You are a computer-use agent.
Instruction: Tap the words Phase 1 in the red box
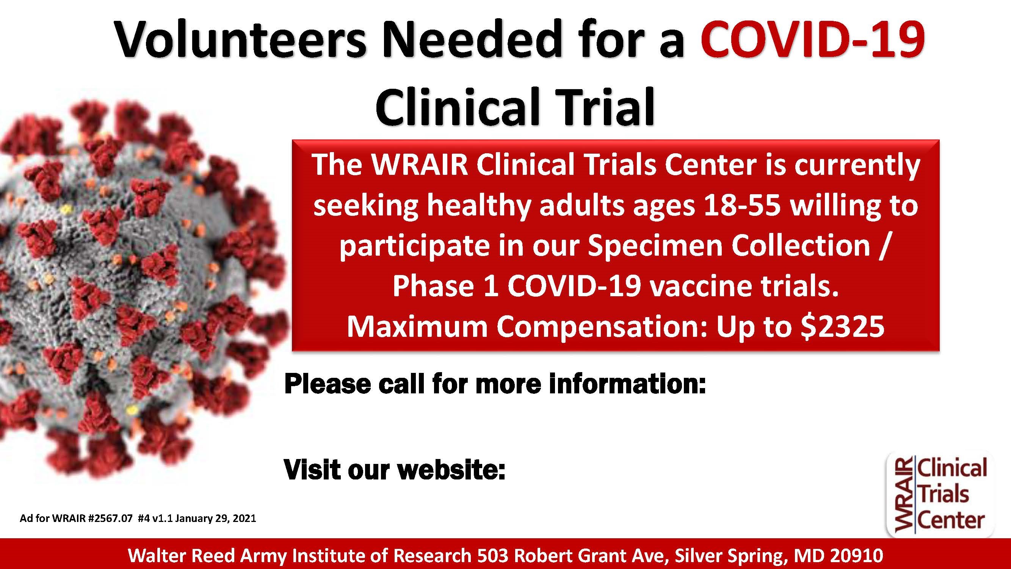pos(446,287)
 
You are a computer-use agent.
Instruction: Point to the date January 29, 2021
pos(215,519)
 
